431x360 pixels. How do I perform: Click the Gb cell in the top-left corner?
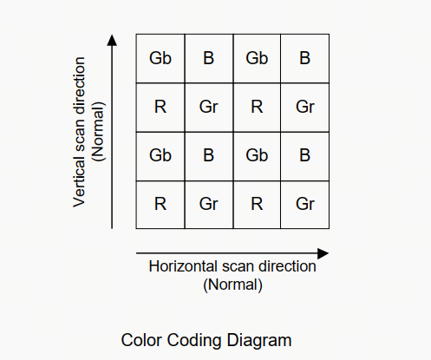point(160,58)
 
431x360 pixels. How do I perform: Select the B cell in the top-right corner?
point(305,58)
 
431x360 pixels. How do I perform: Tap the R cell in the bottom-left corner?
point(160,205)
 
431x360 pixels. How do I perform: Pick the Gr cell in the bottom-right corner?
point(305,205)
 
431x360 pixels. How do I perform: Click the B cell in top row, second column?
point(209,58)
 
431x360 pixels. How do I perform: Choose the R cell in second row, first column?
point(160,108)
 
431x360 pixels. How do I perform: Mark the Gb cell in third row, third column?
point(257,156)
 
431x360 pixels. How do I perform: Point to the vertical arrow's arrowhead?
point(112,40)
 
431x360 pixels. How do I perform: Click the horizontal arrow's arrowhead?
point(323,253)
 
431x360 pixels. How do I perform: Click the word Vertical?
point(79,181)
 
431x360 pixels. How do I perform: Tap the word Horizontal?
point(183,266)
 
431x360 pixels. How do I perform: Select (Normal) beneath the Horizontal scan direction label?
point(232,285)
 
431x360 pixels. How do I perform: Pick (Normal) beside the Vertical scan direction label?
point(98,131)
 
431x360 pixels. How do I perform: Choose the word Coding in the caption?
point(194,341)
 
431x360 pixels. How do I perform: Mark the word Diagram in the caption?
point(259,341)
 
